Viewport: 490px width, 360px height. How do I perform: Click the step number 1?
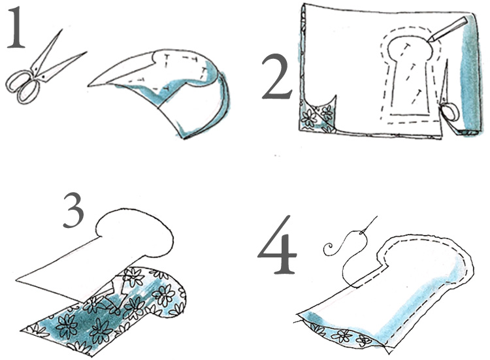coord(16,27)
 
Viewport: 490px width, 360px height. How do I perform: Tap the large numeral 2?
coord(276,76)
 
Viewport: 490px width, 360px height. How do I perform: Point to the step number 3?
coord(74,210)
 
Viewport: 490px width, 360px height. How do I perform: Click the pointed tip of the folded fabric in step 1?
coord(88,85)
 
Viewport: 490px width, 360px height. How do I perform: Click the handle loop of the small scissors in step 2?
coord(449,112)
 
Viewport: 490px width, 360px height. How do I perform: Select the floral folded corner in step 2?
coord(317,116)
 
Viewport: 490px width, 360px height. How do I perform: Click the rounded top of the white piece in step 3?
coord(135,230)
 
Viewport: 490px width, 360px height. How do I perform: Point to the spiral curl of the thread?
coord(329,250)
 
